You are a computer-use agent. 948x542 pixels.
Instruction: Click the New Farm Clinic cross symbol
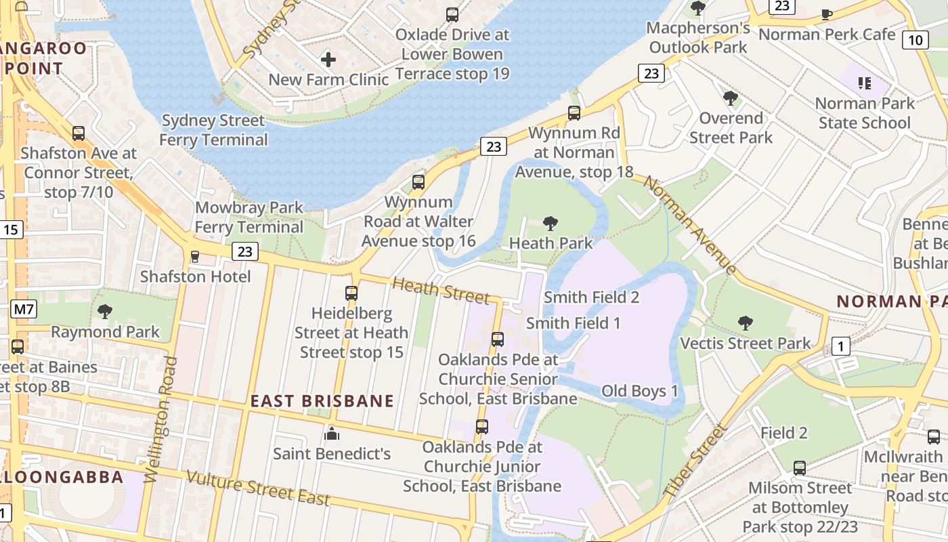point(328,60)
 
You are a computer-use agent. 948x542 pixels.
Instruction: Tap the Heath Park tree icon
point(551,223)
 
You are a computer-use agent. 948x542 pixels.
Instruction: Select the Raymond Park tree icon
point(105,312)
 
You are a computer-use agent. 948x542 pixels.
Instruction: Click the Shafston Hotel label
point(195,276)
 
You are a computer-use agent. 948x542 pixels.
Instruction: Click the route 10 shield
point(915,40)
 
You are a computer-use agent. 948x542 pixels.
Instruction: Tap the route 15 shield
point(11,230)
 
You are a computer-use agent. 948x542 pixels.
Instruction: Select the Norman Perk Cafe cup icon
point(826,14)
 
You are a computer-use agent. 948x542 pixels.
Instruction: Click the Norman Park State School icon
point(864,83)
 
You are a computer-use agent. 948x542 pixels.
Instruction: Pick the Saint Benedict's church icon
point(332,433)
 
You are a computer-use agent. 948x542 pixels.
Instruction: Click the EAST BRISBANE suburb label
point(322,401)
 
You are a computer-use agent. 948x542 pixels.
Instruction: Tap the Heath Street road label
point(440,291)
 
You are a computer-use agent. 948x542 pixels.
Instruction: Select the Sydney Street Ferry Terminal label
point(213,130)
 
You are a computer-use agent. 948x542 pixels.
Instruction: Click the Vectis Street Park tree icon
point(745,323)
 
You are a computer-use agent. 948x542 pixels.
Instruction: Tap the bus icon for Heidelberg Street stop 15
point(351,293)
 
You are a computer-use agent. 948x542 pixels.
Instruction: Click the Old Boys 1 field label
point(639,391)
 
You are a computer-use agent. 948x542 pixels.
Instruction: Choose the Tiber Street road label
point(695,460)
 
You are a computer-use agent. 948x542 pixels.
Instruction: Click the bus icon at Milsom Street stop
point(800,467)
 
